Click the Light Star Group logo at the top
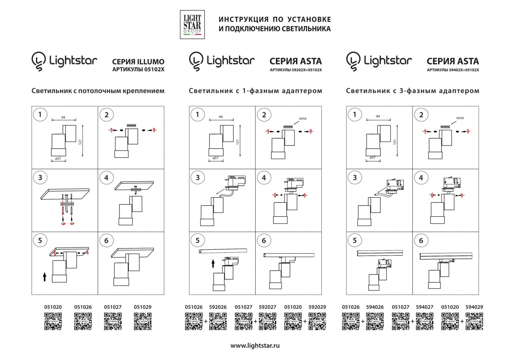tap(192, 24)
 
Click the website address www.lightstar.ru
tap(255, 346)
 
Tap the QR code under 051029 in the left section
tap(143, 321)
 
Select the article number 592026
tap(218, 307)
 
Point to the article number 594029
tap(474, 307)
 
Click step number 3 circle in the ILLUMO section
tap(40, 178)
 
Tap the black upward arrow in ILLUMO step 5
tap(45, 276)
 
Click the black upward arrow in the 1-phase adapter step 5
tap(213, 264)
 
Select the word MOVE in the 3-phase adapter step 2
tap(460, 118)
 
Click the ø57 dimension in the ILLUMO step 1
tap(58, 159)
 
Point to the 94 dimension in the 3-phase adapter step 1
tap(378, 116)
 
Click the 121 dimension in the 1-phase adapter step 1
tap(238, 142)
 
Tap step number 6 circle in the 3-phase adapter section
tap(421, 241)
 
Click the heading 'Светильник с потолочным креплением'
tap(98, 91)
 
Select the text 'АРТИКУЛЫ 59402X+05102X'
tap(453, 70)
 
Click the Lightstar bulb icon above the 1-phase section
tap(196, 61)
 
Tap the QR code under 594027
tap(424, 321)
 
